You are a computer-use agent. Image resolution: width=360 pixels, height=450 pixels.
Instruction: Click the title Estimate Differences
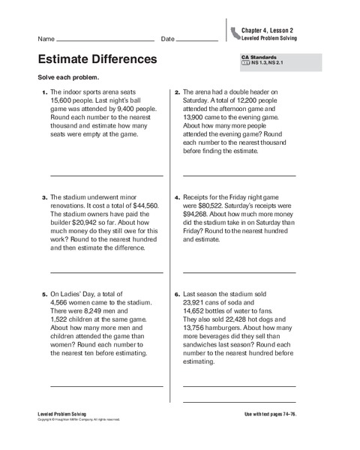click(x=97, y=58)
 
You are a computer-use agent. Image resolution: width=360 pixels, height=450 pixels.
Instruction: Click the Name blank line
click(x=105, y=40)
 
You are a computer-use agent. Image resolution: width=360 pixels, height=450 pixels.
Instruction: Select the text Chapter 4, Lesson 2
click(x=267, y=30)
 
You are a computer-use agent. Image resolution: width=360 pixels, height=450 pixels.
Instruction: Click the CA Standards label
click(x=259, y=58)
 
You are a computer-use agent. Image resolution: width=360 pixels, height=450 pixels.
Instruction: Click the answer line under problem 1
click(x=106, y=175)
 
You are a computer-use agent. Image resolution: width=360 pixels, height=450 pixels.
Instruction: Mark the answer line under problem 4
click(x=239, y=272)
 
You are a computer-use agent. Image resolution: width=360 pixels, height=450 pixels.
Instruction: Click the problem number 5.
click(x=43, y=295)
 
